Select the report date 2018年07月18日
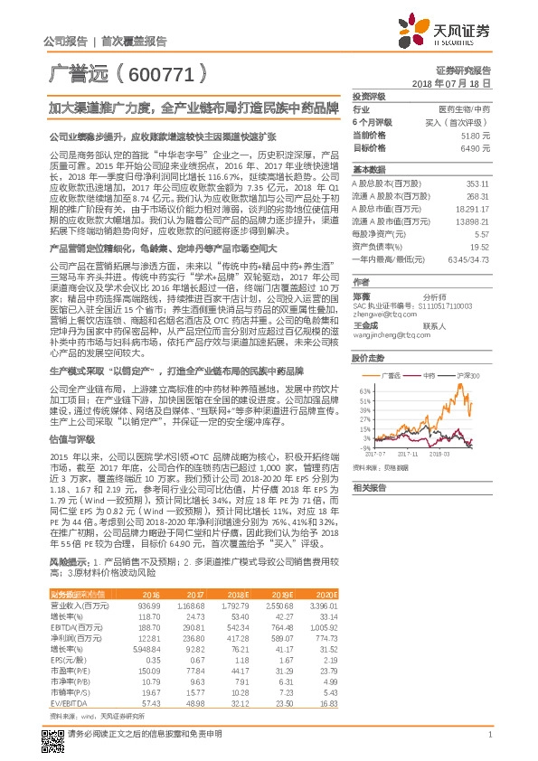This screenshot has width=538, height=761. point(456,82)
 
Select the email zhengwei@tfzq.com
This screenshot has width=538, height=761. point(378,314)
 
